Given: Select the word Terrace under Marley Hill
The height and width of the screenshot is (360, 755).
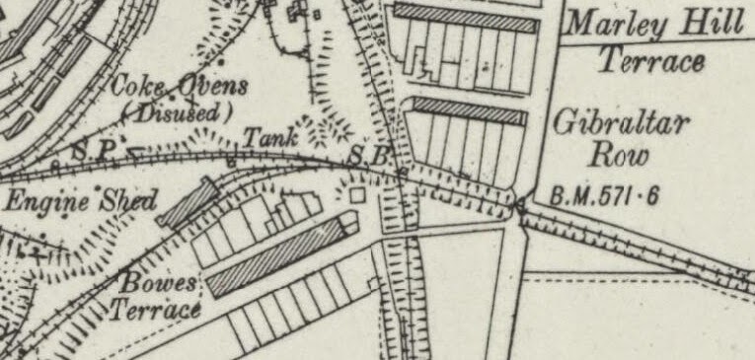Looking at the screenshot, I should tap(652, 61).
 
